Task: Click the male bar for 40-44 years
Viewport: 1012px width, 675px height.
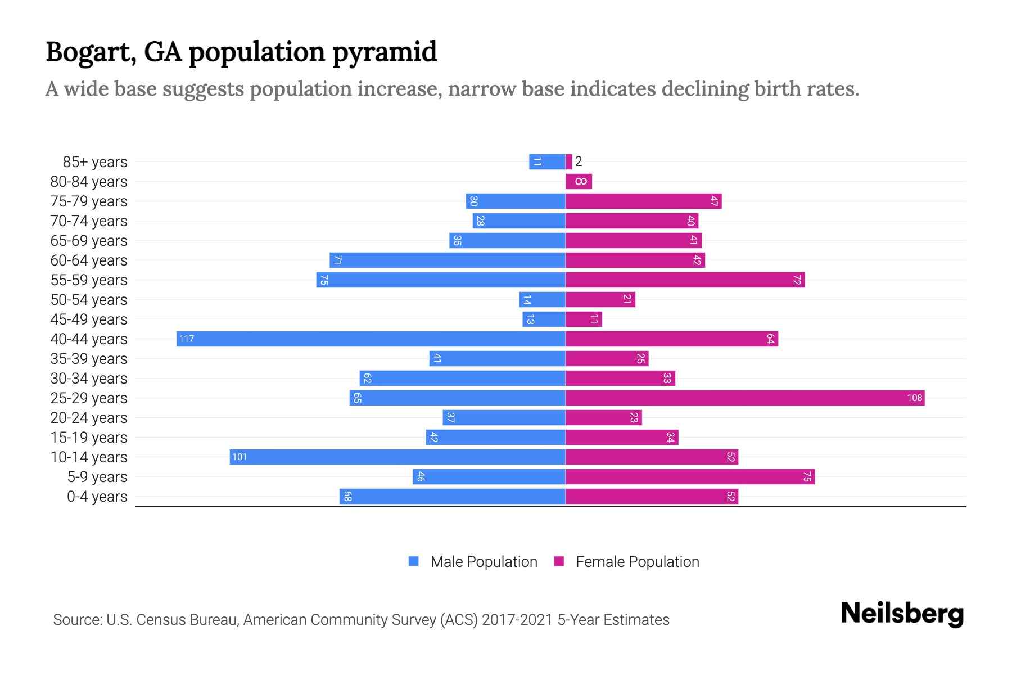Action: (x=371, y=339)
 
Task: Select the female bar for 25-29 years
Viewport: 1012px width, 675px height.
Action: (x=745, y=398)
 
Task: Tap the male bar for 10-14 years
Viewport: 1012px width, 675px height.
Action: (x=397, y=457)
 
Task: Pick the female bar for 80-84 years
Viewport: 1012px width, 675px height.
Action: (x=579, y=181)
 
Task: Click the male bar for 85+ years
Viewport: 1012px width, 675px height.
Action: (x=547, y=161)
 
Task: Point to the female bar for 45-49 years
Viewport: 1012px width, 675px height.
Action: (x=584, y=319)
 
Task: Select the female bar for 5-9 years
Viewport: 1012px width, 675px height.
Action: (x=690, y=476)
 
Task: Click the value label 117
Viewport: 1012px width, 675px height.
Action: (x=187, y=339)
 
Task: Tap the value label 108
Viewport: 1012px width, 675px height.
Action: (x=914, y=398)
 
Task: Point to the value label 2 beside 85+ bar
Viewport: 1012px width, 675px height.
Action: (x=579, y=161)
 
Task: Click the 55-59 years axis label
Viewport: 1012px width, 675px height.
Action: (x=89, y=280)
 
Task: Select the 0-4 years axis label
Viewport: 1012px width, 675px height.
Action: (x=97, y=496)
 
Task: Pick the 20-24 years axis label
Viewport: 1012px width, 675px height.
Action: (x=89, y=417)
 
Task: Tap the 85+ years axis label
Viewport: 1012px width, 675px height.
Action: (x=95, y=161)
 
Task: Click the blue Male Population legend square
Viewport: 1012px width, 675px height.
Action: (x=414, y=561)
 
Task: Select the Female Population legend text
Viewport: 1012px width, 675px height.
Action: (x=637, y=561)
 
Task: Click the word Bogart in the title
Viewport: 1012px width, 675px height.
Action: (x=91, y=52)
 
